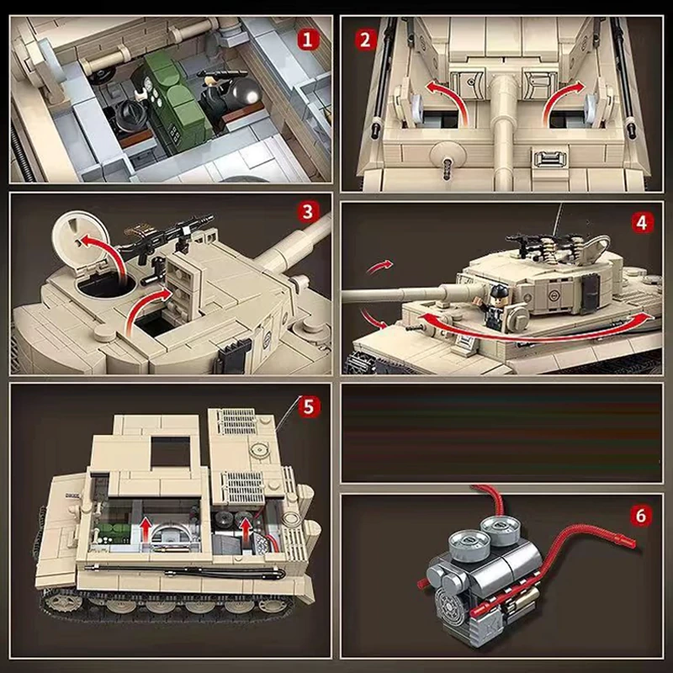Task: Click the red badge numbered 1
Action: pos(310,38)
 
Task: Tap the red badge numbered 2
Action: pos(364,39)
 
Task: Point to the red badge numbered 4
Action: pos(642,225)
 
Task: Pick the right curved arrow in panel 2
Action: pos(562,102)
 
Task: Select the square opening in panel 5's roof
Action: pos(171,455)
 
